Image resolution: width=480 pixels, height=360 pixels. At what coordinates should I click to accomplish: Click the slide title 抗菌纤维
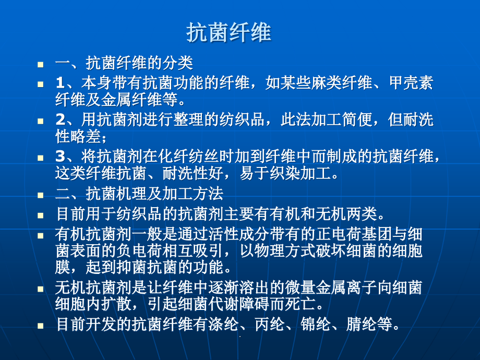pyautogui.click(x=229, y=33)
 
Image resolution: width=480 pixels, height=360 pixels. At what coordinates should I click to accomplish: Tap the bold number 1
pyautogui.click(x=59, y=82)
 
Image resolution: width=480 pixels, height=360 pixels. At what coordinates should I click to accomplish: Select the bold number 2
pyautogui.click(x=59, y=120)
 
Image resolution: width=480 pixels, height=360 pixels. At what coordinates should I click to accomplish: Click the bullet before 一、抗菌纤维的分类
pyautogui.click(x=41, y=65)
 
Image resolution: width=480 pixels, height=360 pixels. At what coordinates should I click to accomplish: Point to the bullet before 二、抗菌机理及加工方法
pyautogui.click(x=41, y=195)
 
